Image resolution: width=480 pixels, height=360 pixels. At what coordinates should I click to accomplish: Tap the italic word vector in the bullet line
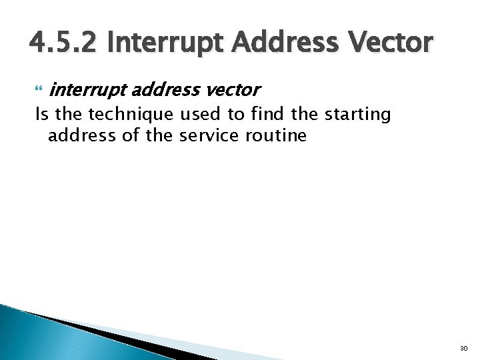tap(233, 89)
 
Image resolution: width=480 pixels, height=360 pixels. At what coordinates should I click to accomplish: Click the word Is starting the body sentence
tap(42, 114)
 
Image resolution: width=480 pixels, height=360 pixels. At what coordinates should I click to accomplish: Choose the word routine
tap(278, 135)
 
